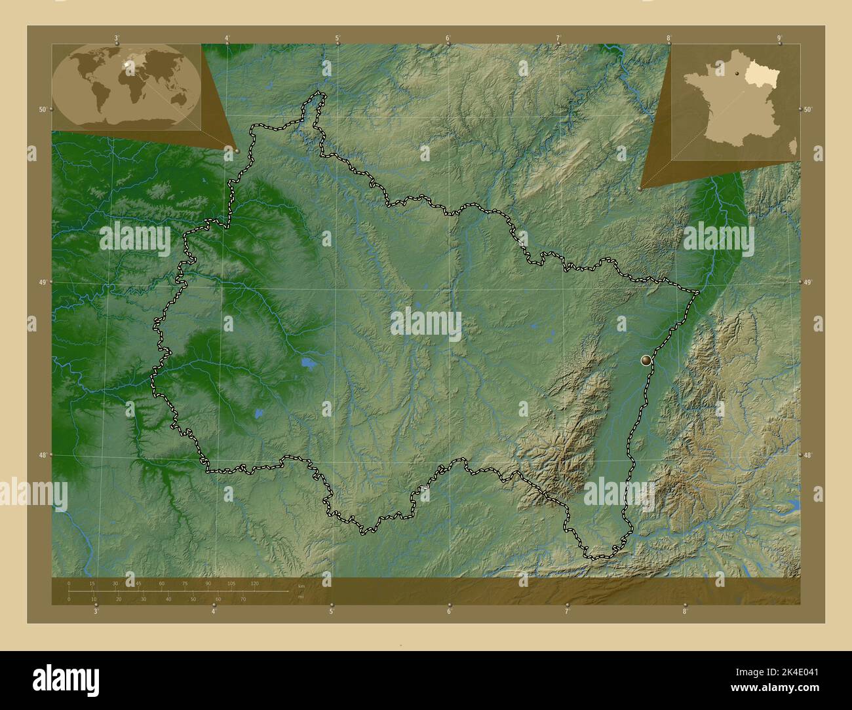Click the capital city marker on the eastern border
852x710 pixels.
(x=647, y=360)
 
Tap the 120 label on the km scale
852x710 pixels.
(x=254, y=583)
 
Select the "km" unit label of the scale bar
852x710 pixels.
(x=301, y=586)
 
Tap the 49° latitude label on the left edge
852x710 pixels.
(x=42, y=282)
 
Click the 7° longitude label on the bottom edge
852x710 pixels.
(x=568, y=612)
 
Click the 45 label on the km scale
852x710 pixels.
(x=138, y=583)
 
